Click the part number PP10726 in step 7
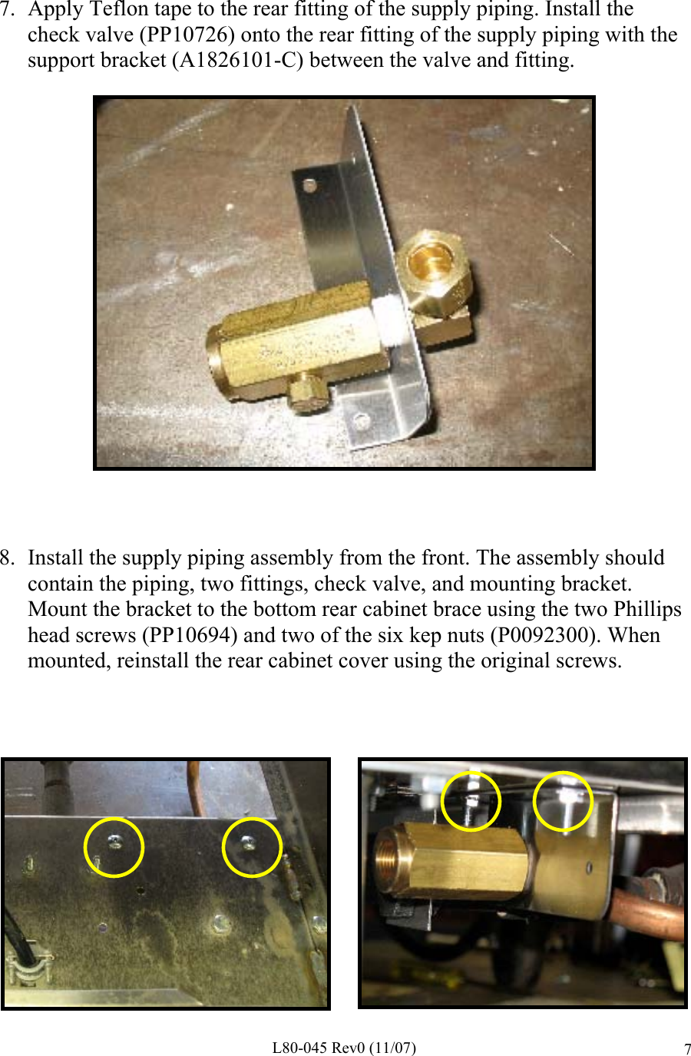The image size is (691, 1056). pyautogui.click(x=187, y=35)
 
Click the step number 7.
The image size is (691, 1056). pyautogui.click(x=7, y=10)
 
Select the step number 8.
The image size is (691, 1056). pyautogui.click(x=7, y=558)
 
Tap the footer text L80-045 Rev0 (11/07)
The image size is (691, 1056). pyautogui.click(x=344, y=1048)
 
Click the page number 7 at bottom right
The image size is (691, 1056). pyautogui.click(x=687, y=1049)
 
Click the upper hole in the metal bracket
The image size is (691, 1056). pyautogui.click(x=309, y=186)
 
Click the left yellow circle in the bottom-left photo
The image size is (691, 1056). pyautogui.click(x=114, y=846)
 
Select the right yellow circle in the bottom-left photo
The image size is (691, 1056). pyautogui.click(x=252, y=846)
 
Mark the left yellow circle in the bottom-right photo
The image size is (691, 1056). pyautogui.click(x=471, y=801)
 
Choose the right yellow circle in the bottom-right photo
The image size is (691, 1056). pyautogui.click(x=564, y=801)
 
